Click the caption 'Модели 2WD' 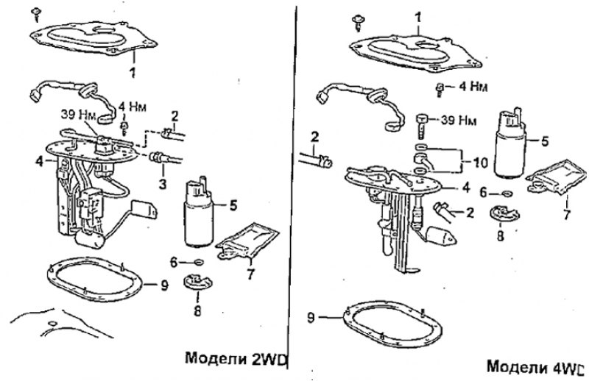pos(236,358)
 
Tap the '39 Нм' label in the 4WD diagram pos(458,121)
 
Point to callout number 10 pos(480,163)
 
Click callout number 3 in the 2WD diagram pos(162,184)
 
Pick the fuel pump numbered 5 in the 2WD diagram pos(198,213)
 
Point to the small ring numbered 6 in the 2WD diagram pos(198,262)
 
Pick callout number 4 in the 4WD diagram pos(466,188)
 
